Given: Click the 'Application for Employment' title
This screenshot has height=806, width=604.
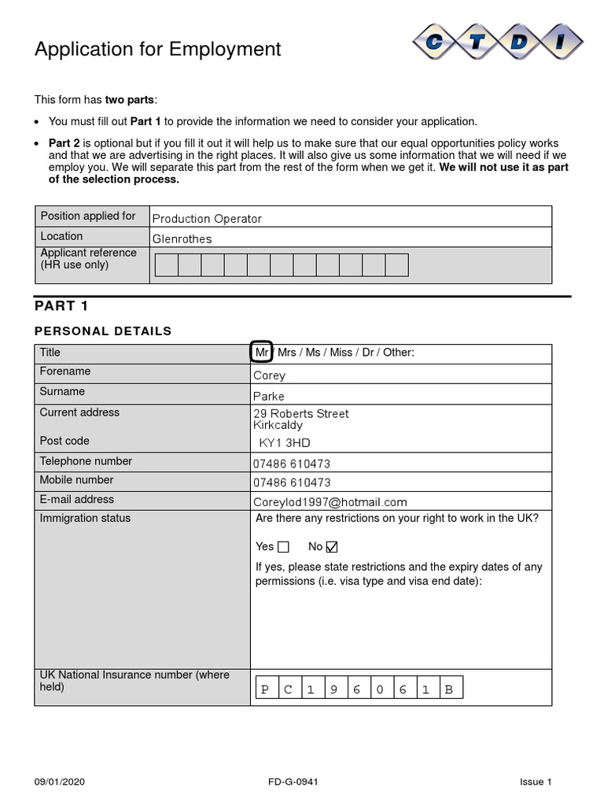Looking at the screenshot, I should click(157, 50).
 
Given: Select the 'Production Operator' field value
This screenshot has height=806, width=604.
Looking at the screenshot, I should click(206, 219).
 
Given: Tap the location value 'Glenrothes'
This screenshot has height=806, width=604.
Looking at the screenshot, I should click(182, 239).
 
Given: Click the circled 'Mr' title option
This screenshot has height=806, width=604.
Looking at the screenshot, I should click(262, 353).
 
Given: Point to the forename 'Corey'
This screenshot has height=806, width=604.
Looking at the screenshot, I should click(269, 376).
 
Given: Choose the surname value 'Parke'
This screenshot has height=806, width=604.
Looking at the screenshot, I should click(268, 397).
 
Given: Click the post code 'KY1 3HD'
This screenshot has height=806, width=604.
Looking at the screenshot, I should click(284, 443).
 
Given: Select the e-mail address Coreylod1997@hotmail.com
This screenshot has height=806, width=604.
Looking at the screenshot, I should click(330, 502).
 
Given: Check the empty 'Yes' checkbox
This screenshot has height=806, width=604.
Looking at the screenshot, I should click(283, 547).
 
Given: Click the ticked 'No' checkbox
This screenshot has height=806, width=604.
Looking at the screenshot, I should click(331, 547).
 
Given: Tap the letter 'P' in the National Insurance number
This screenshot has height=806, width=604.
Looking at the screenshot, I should click(265, 690).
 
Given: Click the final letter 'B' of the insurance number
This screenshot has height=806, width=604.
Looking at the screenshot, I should click(449, 690).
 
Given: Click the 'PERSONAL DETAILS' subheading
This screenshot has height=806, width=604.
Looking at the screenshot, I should click(102, 331).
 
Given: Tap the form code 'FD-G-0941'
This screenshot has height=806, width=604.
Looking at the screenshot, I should click(293, 782).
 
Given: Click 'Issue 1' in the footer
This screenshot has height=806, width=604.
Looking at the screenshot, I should click(536, 782).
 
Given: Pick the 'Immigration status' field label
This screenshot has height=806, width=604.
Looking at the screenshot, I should click(85, 518).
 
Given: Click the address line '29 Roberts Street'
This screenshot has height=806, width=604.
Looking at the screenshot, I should click(300, 414).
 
